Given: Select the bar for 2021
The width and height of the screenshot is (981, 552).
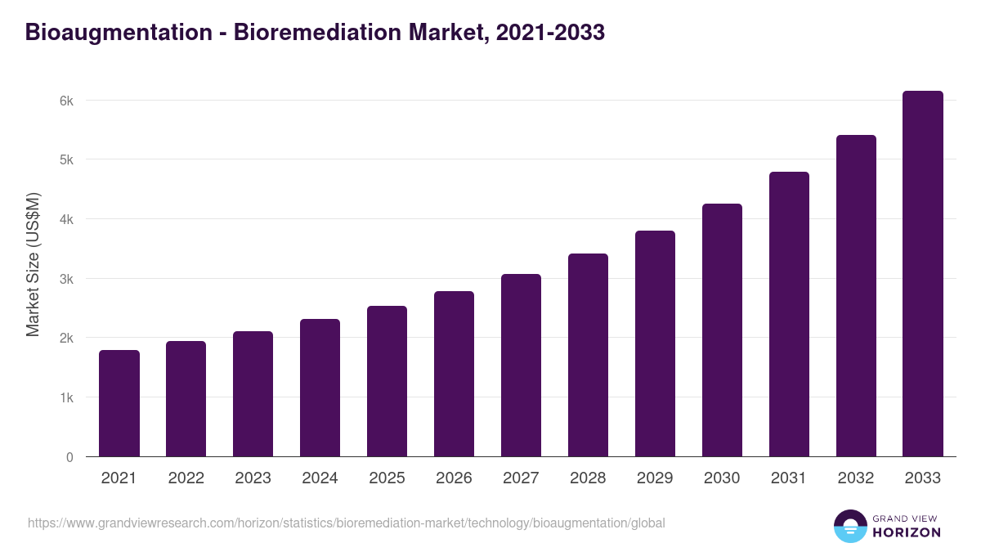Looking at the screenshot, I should click(119, 403).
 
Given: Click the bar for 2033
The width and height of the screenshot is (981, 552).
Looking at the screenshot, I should click(923, 274).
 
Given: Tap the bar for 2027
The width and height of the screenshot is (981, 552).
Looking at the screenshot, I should click(521, 366).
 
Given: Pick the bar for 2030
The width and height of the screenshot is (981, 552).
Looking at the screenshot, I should click(722, 330).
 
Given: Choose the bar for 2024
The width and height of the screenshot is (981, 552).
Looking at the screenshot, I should click(320, 388).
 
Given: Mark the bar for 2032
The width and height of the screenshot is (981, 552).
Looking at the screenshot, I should click(856, 296).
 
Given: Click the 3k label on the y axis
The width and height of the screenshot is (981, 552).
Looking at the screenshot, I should click(66, 279).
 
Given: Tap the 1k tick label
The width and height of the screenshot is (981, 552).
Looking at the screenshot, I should click(66, 397).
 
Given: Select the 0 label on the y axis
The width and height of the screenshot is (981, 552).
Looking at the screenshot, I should click(70, 457).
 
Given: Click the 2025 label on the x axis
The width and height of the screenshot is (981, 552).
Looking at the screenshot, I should click(387, 478).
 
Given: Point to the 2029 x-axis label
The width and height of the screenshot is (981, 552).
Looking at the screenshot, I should click(655, 478).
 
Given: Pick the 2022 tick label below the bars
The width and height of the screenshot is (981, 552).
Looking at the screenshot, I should click(186, 478).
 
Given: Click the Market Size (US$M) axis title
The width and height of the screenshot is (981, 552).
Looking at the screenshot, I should click(33, 265).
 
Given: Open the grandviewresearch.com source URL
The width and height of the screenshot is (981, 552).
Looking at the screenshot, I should click(347, 523).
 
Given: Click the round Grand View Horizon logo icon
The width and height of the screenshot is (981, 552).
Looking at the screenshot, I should click(850, 526).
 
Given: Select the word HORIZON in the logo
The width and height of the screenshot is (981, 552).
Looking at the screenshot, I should click(906, 532).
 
